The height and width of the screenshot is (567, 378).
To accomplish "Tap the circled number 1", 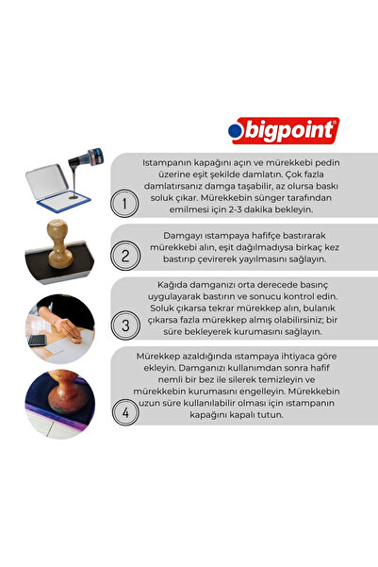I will (121, 203).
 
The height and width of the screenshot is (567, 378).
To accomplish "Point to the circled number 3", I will (121, 326).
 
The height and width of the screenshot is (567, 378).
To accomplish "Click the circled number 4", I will (121, 412).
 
